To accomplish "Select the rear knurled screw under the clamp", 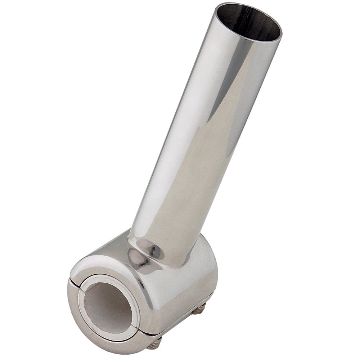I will click(x=199, y=308).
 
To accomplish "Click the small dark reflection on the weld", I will click(x=154, y=248).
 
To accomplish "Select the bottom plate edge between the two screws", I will click(x=180, y=326).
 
